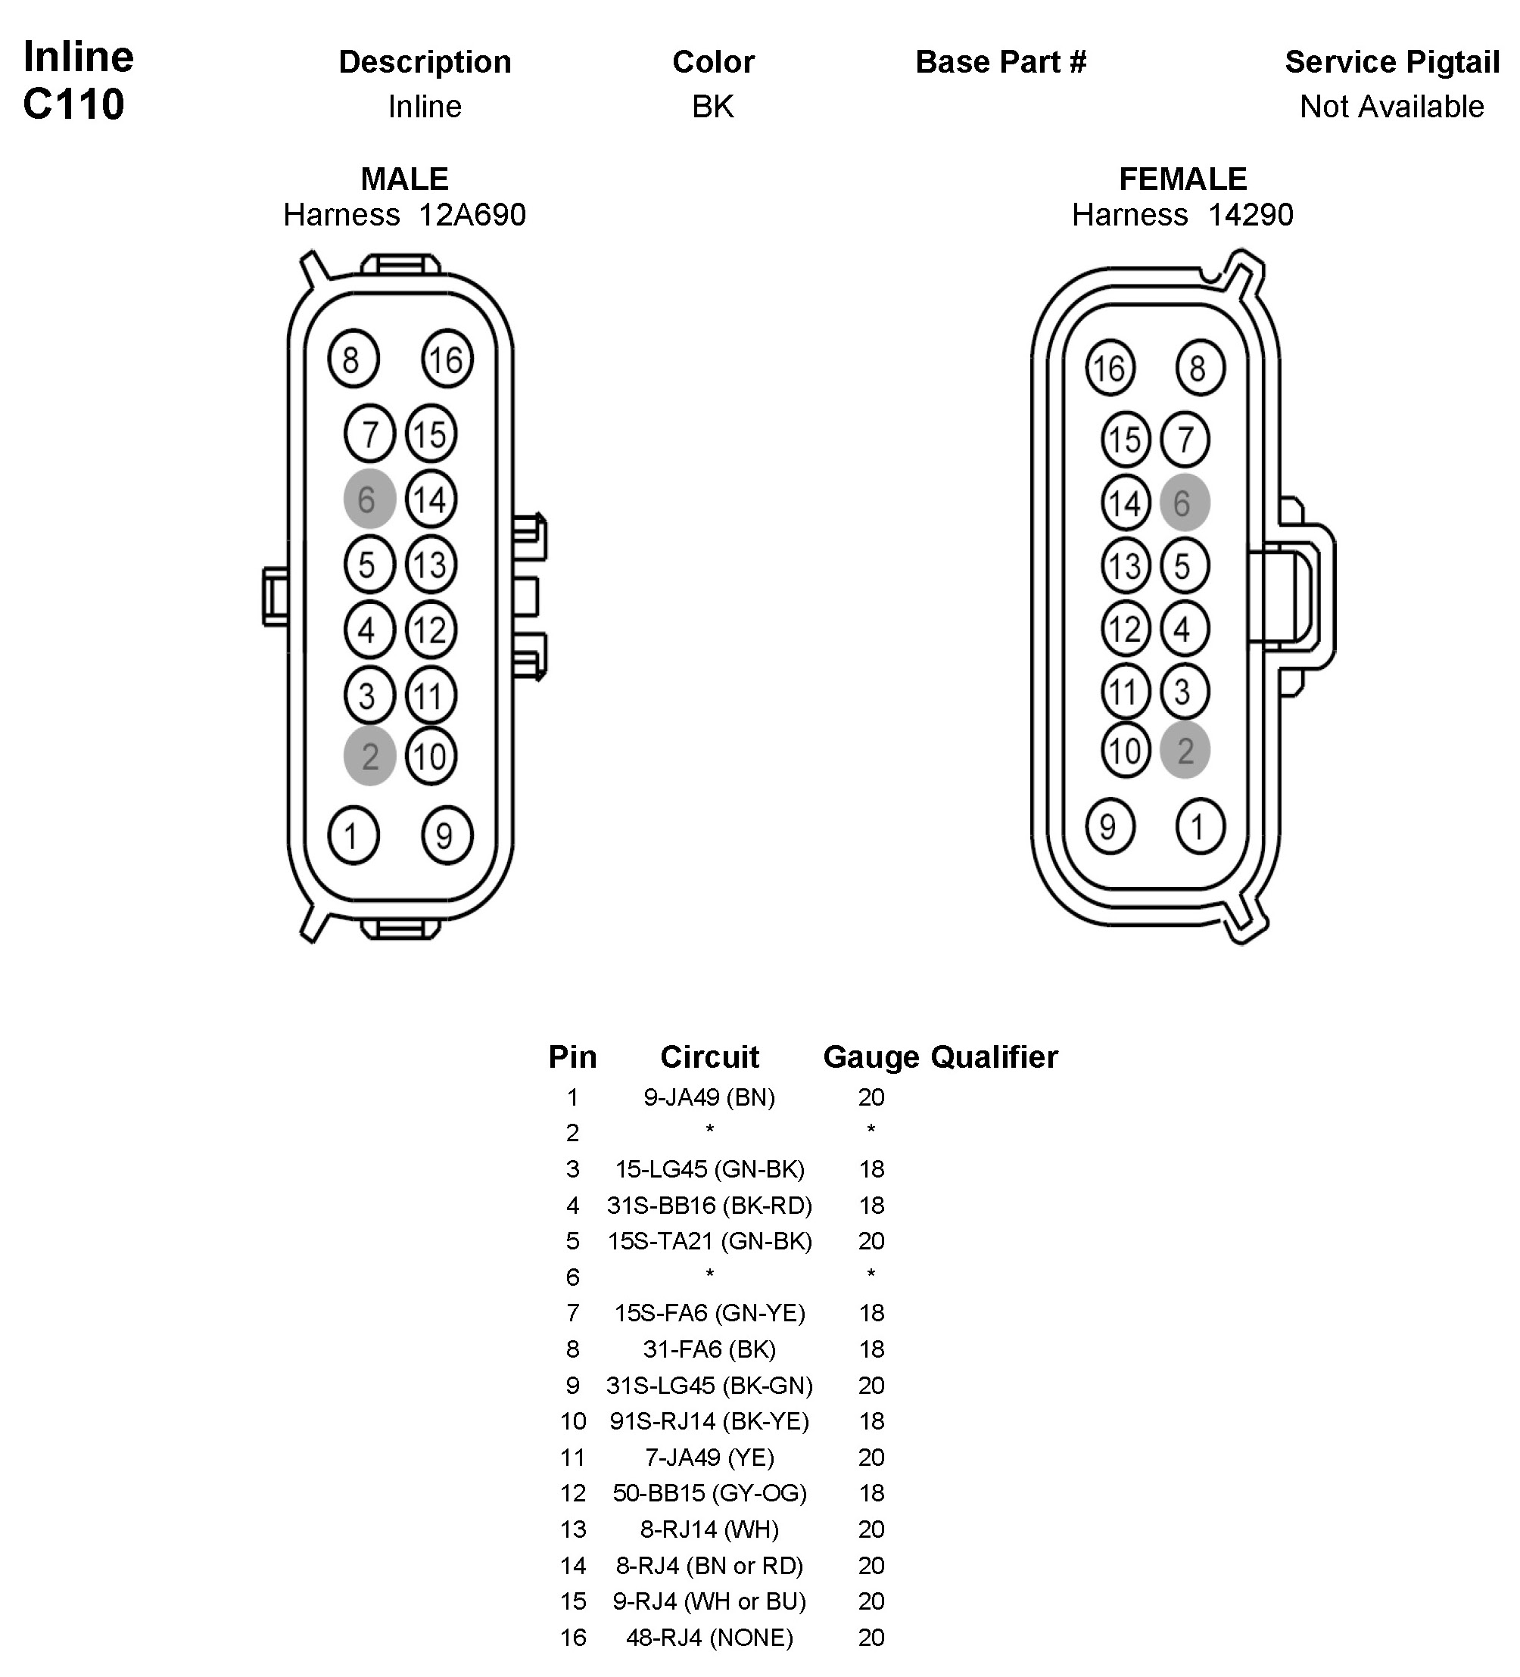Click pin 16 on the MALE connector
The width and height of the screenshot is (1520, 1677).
(x=447, y=359)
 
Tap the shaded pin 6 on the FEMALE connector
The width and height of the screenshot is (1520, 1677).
(x=1184, y=502)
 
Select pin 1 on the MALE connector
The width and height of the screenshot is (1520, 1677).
(x=353, y=835)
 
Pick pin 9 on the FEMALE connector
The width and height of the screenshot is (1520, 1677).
(x=1109, y=826)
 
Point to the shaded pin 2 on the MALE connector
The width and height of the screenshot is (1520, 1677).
(x=369, y=756)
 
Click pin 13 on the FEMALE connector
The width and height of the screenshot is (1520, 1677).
(x=1125, y=565)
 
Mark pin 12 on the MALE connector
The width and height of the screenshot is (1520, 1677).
(x=430, y=630)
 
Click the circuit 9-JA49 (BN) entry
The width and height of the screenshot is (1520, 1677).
(x=709, y=1097)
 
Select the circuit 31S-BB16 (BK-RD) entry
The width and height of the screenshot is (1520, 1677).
(x=709, y=1206)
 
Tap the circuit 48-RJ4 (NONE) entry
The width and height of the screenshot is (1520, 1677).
(x=709, y=1638)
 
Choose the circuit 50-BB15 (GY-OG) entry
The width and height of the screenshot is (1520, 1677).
(x=709, y=1493)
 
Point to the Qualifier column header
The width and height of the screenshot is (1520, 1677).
(x=994, y=1057)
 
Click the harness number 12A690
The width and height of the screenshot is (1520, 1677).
(x=472, y=215)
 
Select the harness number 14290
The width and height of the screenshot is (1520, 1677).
(x=1250, y=215)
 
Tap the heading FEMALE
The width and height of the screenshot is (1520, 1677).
(x=1182, y=179)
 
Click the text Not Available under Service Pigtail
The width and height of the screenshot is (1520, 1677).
(x=1392, y=107)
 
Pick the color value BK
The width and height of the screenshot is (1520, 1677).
(x=713, y=107)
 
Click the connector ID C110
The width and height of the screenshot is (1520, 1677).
(x=74, y=104)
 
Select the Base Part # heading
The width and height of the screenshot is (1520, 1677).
(x=1001, y=61)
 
